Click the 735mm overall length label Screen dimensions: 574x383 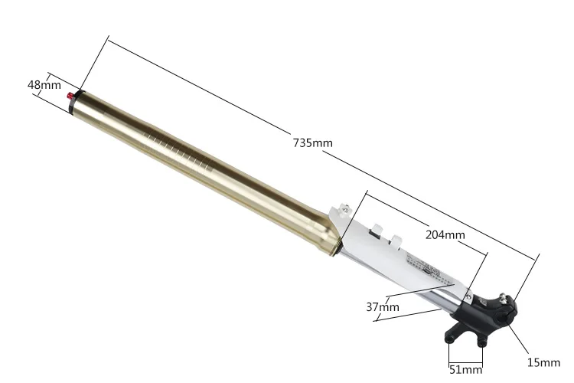click(312, 142)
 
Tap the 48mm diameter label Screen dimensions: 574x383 click(44, 85)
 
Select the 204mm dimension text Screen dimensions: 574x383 click(445, 234)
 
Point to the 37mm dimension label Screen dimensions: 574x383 click(383, 306)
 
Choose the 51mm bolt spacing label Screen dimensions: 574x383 click(465, 369)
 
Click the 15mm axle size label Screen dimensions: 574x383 click(543, 362)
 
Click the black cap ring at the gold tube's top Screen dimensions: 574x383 click(77, 102)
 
